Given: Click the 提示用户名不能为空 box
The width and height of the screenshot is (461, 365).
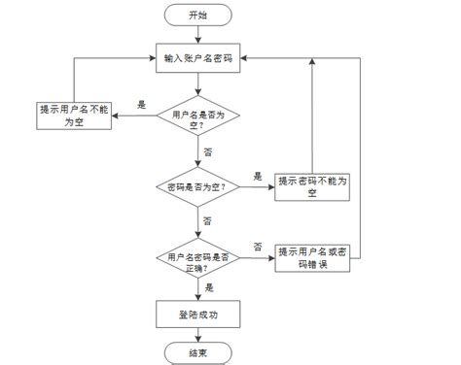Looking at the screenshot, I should point(73,114).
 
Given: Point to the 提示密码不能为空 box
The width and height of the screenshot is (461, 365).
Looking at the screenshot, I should point(312,185).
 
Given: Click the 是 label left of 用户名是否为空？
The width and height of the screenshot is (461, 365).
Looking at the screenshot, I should point(142,104).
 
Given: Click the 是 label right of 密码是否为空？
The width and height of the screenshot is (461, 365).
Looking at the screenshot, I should point(258,176).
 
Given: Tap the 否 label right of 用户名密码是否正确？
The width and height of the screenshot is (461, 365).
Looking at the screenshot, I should point(258,247).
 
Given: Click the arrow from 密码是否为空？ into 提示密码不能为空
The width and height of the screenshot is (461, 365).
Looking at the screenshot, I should point(256,186).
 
